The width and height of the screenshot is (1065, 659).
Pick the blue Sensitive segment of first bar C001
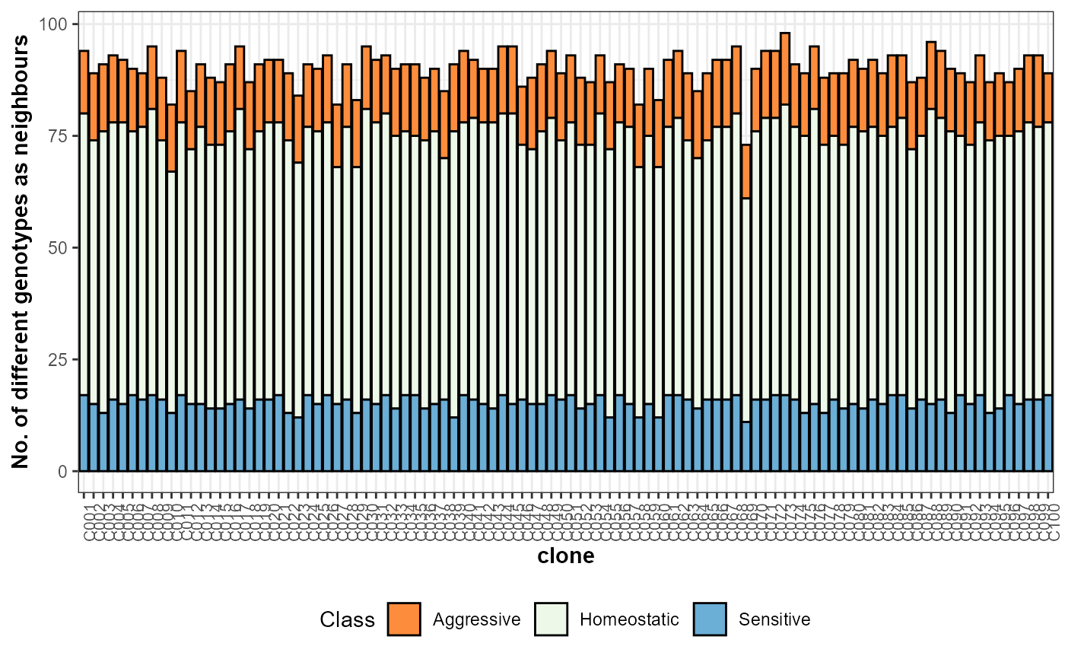(x=84, y=433)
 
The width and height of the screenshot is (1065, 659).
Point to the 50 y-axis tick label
(x=61, y=248)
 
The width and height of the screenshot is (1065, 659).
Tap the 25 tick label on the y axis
(x=61, y=360)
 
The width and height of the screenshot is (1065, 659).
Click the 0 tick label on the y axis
(x=65, y=472)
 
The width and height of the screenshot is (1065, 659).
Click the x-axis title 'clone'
(x=566, y=557)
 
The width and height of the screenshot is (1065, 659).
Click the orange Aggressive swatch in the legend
(x=404, y=619)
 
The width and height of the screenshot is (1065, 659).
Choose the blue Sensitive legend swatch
(x=710, y=619)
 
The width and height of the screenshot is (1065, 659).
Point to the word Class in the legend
(x=348, y=619)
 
